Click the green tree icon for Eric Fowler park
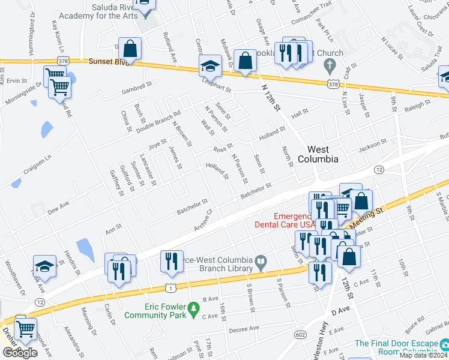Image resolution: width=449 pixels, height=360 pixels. pos(193,310)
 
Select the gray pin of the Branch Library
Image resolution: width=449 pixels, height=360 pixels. pos(260,262)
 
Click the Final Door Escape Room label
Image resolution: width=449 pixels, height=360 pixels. pos(396,347)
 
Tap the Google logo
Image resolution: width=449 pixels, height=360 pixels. pos(20,353)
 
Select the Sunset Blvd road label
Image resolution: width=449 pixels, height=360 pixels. pos(109,61)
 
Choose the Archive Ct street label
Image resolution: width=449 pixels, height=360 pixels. pos(203,219)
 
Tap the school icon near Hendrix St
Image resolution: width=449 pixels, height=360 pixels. pos(44,265)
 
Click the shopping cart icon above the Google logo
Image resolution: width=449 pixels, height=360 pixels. pos(25,328)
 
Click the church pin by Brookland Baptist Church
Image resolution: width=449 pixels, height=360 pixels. pos(328,64)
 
